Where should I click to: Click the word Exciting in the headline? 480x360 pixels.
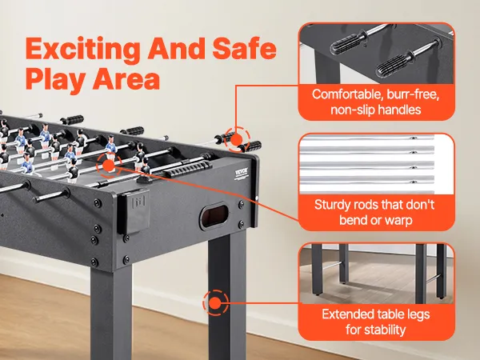coord(82,50)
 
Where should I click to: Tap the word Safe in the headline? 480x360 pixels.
coord(244,48)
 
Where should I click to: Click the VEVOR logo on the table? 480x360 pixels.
coord(242,174)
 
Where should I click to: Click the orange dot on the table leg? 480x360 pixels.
coord(215,302)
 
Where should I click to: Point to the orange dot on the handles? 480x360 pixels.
coord(237,140)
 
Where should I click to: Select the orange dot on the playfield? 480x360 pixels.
coord(108,166)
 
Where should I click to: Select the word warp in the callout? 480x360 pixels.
coord(398,221)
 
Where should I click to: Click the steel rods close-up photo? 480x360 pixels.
coord(376,163)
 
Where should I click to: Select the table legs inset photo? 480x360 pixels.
coord(376,274)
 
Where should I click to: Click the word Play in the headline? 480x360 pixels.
coord(56,79)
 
